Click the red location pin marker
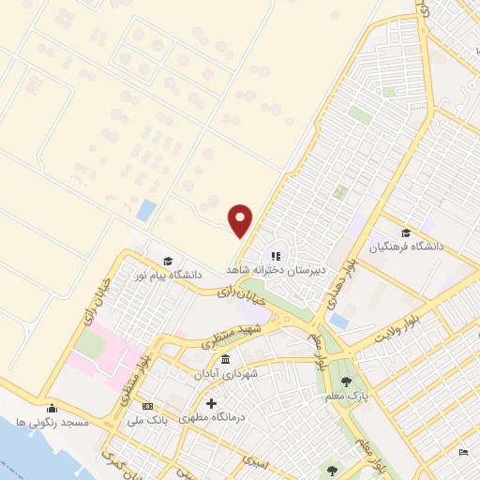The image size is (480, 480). (x=241, y=220)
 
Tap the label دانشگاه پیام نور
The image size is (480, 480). (x=167, y=276)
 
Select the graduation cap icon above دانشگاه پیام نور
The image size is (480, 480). (x=168, y=262)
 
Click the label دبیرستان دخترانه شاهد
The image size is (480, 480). (x=276, y=269)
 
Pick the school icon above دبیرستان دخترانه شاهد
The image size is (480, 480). (x=276, y=255)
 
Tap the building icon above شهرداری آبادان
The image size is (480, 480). (x=225, y=360)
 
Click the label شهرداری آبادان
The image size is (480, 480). (x=225, y=374)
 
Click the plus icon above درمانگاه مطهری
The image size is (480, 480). (x=222, y=403)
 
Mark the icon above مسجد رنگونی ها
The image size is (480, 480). (x=52, y=409)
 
